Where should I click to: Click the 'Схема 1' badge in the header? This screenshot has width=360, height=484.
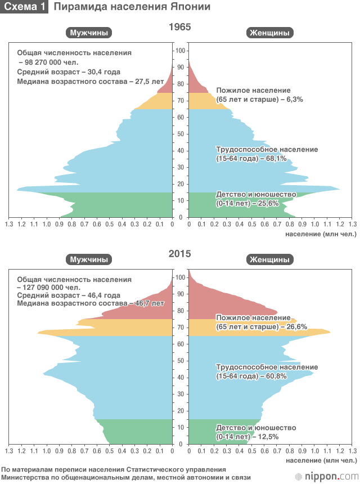tap(24, 7)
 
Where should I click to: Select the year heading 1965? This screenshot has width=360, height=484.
tap(180, 27)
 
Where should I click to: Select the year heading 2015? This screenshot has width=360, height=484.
tap(180, 254)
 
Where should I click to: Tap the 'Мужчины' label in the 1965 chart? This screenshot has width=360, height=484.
tap(88, 33)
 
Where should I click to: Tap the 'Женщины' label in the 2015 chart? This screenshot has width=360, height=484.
tap(269, 259)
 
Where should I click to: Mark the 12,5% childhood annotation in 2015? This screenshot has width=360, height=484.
tap(268, 436)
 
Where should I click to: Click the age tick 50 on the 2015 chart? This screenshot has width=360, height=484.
tap(180, 361)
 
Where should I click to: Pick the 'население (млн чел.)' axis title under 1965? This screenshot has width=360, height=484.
tap(317, 232)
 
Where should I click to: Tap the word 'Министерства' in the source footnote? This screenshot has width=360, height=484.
tap(23, 477)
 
